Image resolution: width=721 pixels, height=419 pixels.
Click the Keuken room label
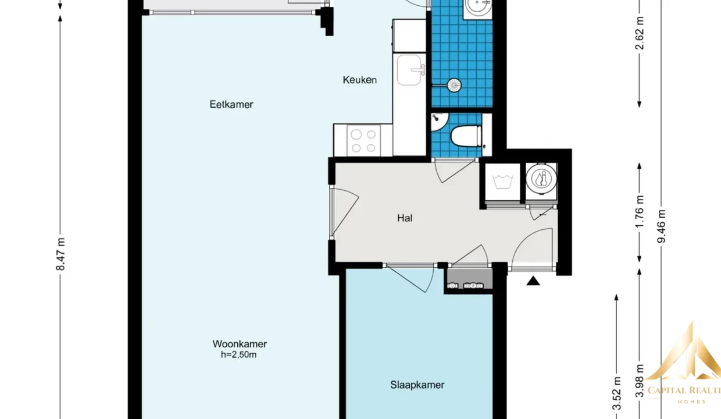click(x=359, y=80)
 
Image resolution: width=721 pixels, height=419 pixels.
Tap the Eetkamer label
click(x=231, y=104)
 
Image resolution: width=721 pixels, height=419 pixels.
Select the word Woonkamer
click(x=240, y=344)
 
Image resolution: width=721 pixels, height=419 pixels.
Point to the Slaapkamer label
click(x=417, y=385)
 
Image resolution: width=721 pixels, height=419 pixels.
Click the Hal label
click(x=405, y=218)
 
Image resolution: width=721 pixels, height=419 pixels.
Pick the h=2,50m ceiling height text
click(x=238, y=355)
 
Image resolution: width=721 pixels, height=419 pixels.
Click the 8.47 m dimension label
click(x=60, y=254)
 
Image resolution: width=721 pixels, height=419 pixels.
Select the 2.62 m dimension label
click(x=640, y=33)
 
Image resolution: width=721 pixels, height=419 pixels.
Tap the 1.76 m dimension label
click(x=640, y=212)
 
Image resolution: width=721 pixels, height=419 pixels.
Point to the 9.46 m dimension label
click(x=662, y=226)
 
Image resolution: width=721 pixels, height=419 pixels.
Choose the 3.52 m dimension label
click(x=616, y=393)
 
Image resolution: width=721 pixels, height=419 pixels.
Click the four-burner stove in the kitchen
click(x=363, y=141)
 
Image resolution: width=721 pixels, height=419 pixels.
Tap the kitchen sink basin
click(x=409, y=70)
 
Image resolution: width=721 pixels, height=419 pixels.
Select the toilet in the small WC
click(x=466, y=136)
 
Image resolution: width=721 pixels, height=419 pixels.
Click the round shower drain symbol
click(x=454, y=86)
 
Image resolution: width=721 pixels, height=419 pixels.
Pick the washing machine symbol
click(x=502, y=182)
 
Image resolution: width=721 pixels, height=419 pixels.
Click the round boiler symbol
click(x=541, y=179)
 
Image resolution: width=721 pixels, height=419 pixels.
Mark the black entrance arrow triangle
click(x=533, y=281)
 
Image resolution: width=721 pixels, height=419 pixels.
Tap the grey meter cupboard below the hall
click(x=470, y=279)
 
